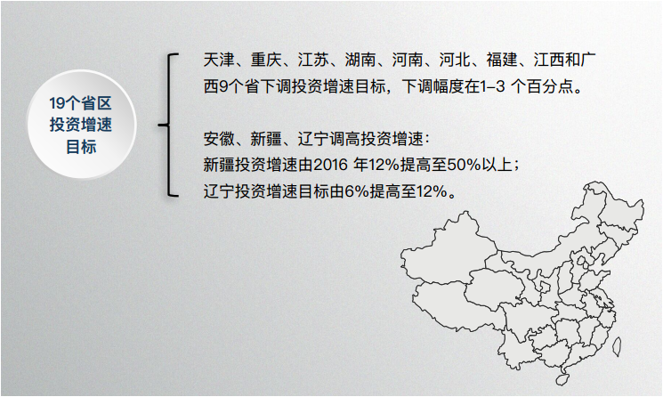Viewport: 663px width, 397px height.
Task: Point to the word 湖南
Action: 363,62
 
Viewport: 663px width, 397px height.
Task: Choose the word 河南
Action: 411,62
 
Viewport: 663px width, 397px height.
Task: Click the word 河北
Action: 460,62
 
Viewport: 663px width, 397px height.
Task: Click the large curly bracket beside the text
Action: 166,125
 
